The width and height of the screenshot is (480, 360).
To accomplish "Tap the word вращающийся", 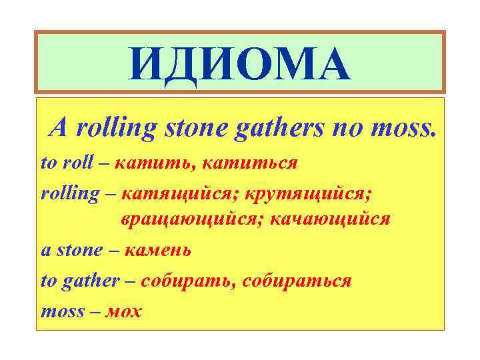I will (x=191, y=219).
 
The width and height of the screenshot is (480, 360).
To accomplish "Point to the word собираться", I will (x=297, y=281).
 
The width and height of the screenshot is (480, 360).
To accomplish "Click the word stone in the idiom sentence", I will (x=198, y=127).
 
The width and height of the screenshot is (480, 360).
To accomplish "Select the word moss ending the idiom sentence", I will (x=403, y=127).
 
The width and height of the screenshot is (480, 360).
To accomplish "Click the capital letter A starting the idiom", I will (x=58, y=127).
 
